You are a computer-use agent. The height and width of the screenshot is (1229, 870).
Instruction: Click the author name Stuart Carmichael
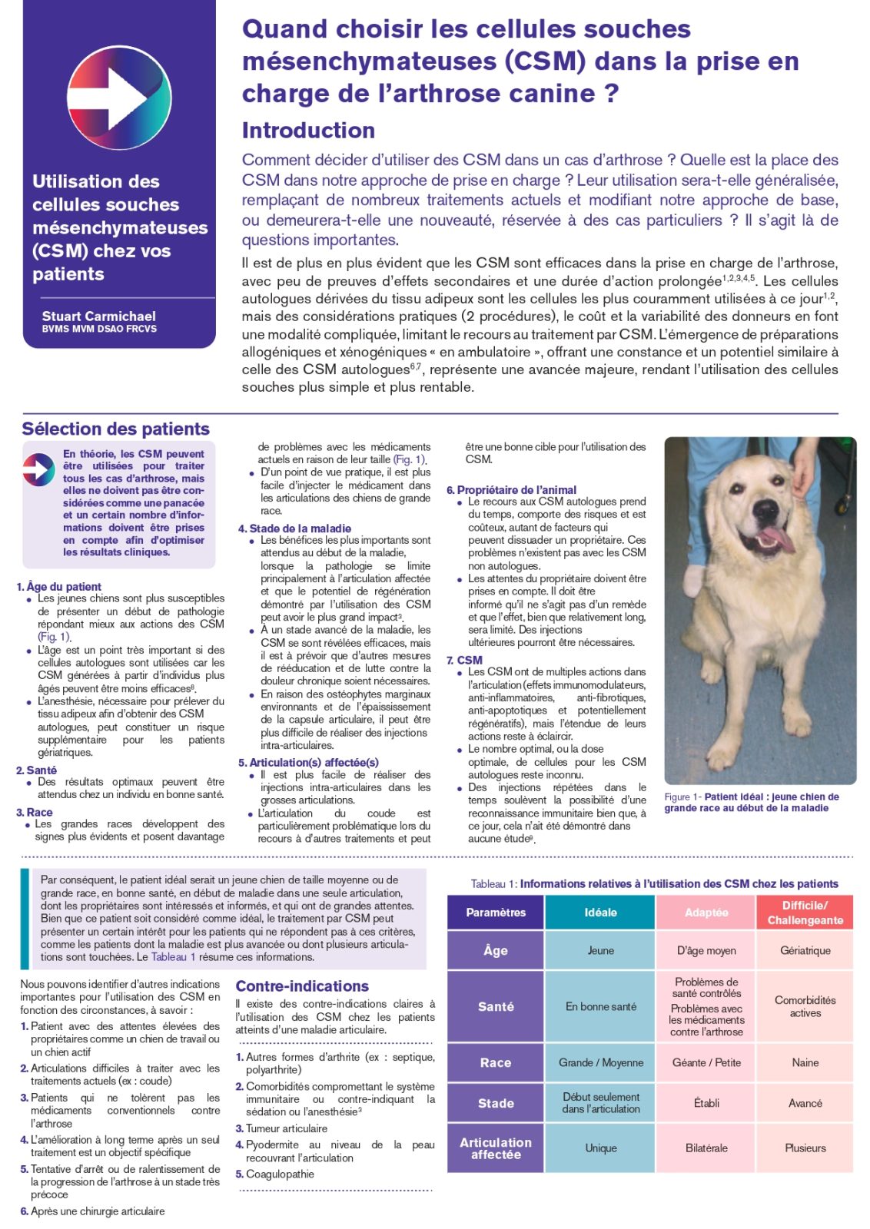click(x=98, y=316)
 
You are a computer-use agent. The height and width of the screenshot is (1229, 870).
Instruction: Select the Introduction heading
click(x=308, y=130)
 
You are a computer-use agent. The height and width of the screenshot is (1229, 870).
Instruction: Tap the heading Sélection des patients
click(x=115, y=429)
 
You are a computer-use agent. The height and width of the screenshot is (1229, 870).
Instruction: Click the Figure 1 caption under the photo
click(x=751, y=802)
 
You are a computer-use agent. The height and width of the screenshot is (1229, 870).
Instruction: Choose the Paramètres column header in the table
click(x=496, y=913)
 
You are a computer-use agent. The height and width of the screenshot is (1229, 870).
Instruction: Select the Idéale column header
click(x=600, y=913)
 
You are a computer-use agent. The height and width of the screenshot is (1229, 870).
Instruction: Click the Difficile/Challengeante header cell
click(x=805, y=913)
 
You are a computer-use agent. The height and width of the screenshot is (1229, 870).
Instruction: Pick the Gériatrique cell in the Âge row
click(x=805, y=950)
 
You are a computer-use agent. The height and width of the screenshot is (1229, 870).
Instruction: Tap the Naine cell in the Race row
click(x=805, y=1062)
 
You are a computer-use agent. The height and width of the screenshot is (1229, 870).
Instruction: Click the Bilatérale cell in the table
click(x=706, y=1148)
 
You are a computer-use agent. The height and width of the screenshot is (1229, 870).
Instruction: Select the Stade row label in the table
click(x=496, y=1103)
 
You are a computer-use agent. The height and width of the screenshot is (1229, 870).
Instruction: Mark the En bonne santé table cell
click(x=600, y=1006)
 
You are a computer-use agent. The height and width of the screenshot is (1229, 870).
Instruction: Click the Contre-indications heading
click(x=302, y=986)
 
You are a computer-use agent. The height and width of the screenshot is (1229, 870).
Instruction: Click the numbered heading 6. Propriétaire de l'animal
click(x=512, y=489)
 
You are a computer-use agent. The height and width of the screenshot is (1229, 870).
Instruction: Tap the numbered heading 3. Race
click(x=35, y=812)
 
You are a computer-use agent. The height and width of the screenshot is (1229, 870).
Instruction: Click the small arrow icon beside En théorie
click(x=38, y=469)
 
